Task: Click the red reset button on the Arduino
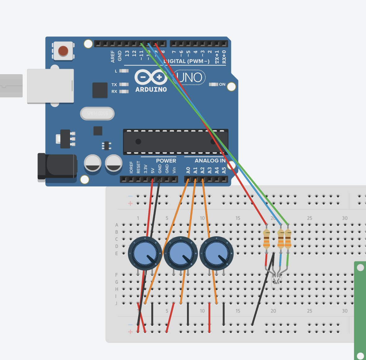(x=63, y=51)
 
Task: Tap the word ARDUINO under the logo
(x=151, y=89)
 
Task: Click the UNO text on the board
(x=189, y=77)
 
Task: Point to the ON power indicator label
(x=222, y=84)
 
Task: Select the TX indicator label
(x=114, y=84)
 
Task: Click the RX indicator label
(x=114, y=92)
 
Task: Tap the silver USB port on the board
(x=50, y=86)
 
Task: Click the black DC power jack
(x=57, y=166)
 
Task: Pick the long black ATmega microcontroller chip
(x=176, y=142)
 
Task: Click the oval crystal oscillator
(x=97, y=114)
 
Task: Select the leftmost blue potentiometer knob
(x=145, y=253)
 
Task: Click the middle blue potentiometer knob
(x=181, y=253)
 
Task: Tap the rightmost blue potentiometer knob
(x=216, y=253)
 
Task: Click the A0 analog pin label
(x=188, y=170)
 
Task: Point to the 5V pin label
(x=152, y=170)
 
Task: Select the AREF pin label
(x=113, y=57)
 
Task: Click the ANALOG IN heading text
(x=210, y=161)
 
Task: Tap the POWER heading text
(x=166, y=161)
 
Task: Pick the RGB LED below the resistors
(x=276, y=280)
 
